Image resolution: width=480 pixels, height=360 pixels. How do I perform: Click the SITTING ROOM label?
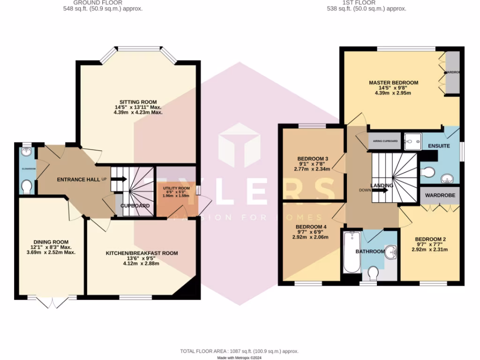[x=138, y=102]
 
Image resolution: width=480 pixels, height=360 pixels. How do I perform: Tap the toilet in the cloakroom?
[x=27, y=187]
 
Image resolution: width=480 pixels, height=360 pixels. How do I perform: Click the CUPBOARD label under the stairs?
[x=135, y=206]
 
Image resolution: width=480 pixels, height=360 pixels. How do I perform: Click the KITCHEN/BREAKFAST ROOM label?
[x=142, y=253]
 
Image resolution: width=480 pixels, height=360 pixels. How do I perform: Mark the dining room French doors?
[x=51, y=302]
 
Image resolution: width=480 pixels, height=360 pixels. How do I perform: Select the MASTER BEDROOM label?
[x=393, y=82]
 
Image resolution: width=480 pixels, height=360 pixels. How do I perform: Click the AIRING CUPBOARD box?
[x=385, y=141]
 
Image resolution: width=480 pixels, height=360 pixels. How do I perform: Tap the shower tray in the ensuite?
[x=413, y=140]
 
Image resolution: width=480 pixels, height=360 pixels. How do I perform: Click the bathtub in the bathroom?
[x=351, y=252]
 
